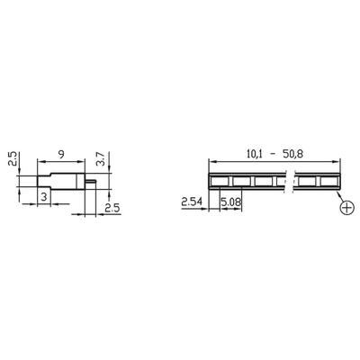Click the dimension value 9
[x=59, y=152]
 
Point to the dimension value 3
[x=42, y=196]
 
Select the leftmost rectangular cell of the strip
[x=220, y=180]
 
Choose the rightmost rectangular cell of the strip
[x=329, y=180]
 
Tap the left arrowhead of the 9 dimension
[x=39, y=160]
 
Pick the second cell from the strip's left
[x=243, y=180]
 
